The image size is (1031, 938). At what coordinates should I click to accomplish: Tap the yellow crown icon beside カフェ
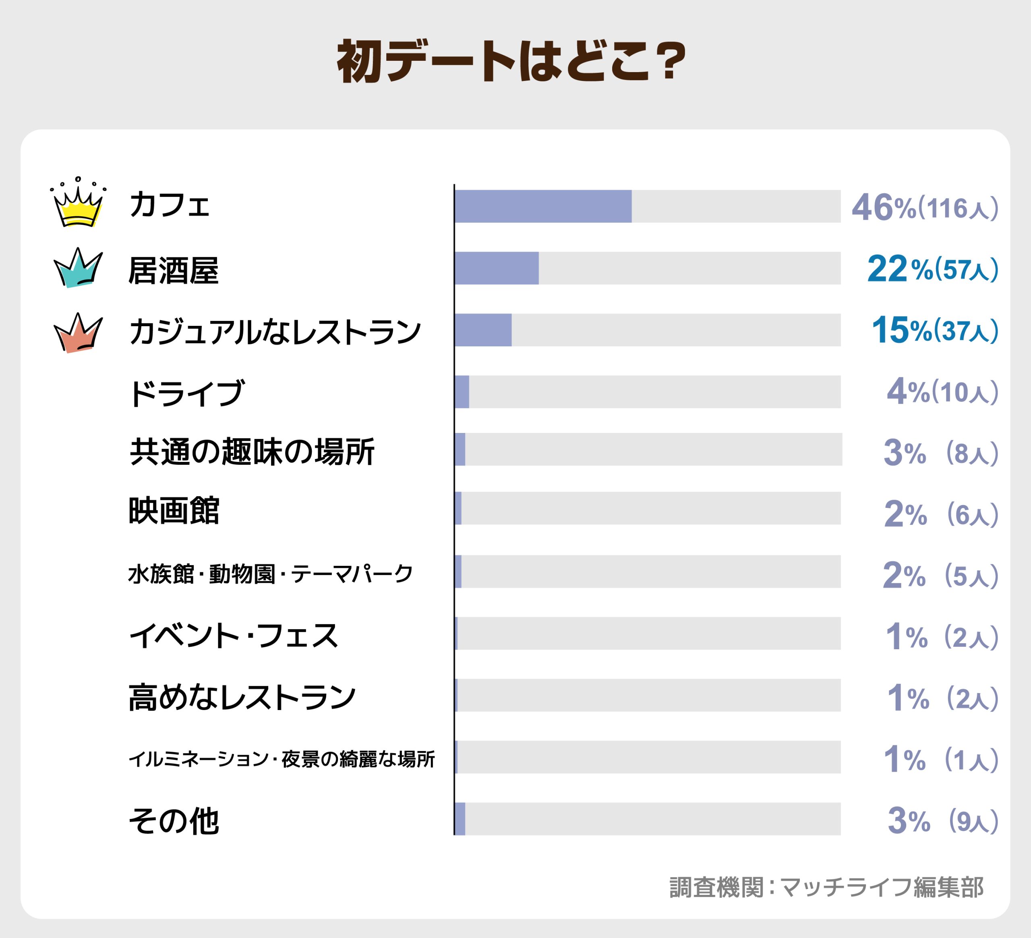coord(78,205)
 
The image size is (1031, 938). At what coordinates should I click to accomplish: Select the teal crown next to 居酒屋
coord(78,269)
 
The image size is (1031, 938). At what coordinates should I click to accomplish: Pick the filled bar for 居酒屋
coord(496,268)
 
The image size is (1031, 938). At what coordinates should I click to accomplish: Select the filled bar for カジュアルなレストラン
coord(483,330)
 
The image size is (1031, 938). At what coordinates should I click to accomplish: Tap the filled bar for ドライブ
coord(462,392)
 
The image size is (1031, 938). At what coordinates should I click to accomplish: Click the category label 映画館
coord(174,510)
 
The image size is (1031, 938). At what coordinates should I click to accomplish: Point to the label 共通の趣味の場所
coord(252,451)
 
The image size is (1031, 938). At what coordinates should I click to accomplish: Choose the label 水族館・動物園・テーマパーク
coord(270,574)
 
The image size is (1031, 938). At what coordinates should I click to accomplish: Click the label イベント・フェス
coord(233,636)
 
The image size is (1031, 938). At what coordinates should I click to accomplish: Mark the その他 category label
coord(174,821)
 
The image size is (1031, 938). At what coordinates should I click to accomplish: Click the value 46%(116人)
coord(925,208)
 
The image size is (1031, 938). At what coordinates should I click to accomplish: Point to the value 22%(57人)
coord(932,269)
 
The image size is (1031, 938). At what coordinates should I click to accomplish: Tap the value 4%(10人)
coord(942,392)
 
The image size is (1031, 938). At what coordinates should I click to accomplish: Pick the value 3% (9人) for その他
coord(942,821)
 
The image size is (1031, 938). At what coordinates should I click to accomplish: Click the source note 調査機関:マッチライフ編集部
coord(826,887)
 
